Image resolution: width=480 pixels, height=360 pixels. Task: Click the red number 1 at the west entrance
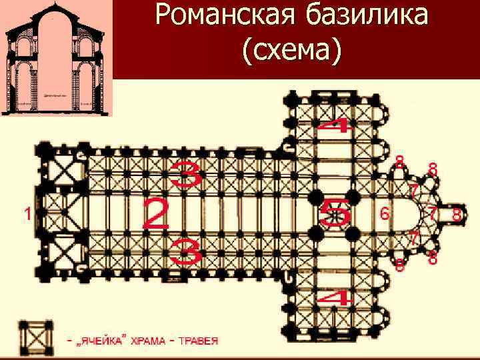27,214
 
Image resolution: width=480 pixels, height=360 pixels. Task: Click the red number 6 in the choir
384,214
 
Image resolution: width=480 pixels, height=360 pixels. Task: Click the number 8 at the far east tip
457,215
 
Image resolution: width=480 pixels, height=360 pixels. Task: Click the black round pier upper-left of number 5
317,199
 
